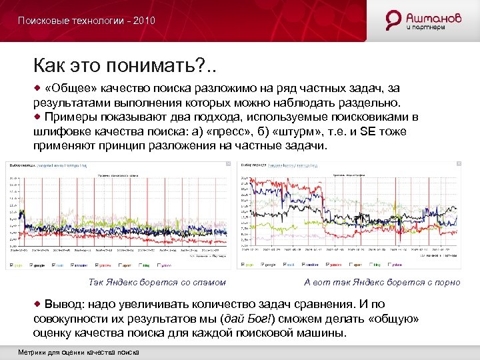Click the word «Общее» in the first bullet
tap(71, 89)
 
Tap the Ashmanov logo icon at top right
tap(395, 20)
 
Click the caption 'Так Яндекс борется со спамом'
tap(157, 282)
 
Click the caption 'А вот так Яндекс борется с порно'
tap(382, 282)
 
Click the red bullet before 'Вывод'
tap(38, 304)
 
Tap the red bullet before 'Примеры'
tap(38, 117)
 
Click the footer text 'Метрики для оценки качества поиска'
tap(79, 352)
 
